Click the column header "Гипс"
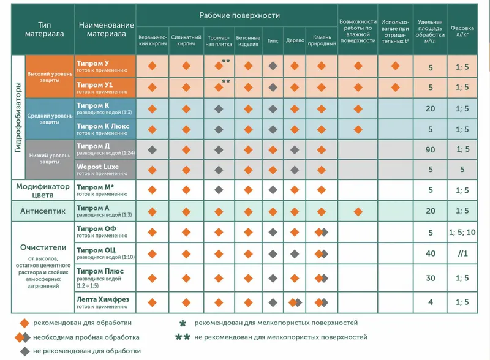point(273,40)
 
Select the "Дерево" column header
point(295,40)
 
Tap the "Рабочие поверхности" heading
point(239,15)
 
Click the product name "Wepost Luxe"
point(97,167)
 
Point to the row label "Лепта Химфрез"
point(103,299)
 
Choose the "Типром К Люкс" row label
point(103,126)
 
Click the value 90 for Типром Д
point(431,149)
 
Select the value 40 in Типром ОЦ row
point(431,253)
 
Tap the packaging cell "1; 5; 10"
point(462,233)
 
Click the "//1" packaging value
point(462,253)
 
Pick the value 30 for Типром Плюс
point(431,278)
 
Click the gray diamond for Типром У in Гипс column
point(273,66)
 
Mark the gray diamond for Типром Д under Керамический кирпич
point(152,150)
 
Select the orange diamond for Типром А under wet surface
point(358,212)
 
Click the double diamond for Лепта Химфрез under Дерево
point(295,302)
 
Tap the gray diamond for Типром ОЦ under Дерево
point(295,254)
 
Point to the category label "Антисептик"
point(43,211)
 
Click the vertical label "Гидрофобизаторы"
point(18,117)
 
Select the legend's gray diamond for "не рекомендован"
point(24,351)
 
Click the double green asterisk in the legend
point(183,337)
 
